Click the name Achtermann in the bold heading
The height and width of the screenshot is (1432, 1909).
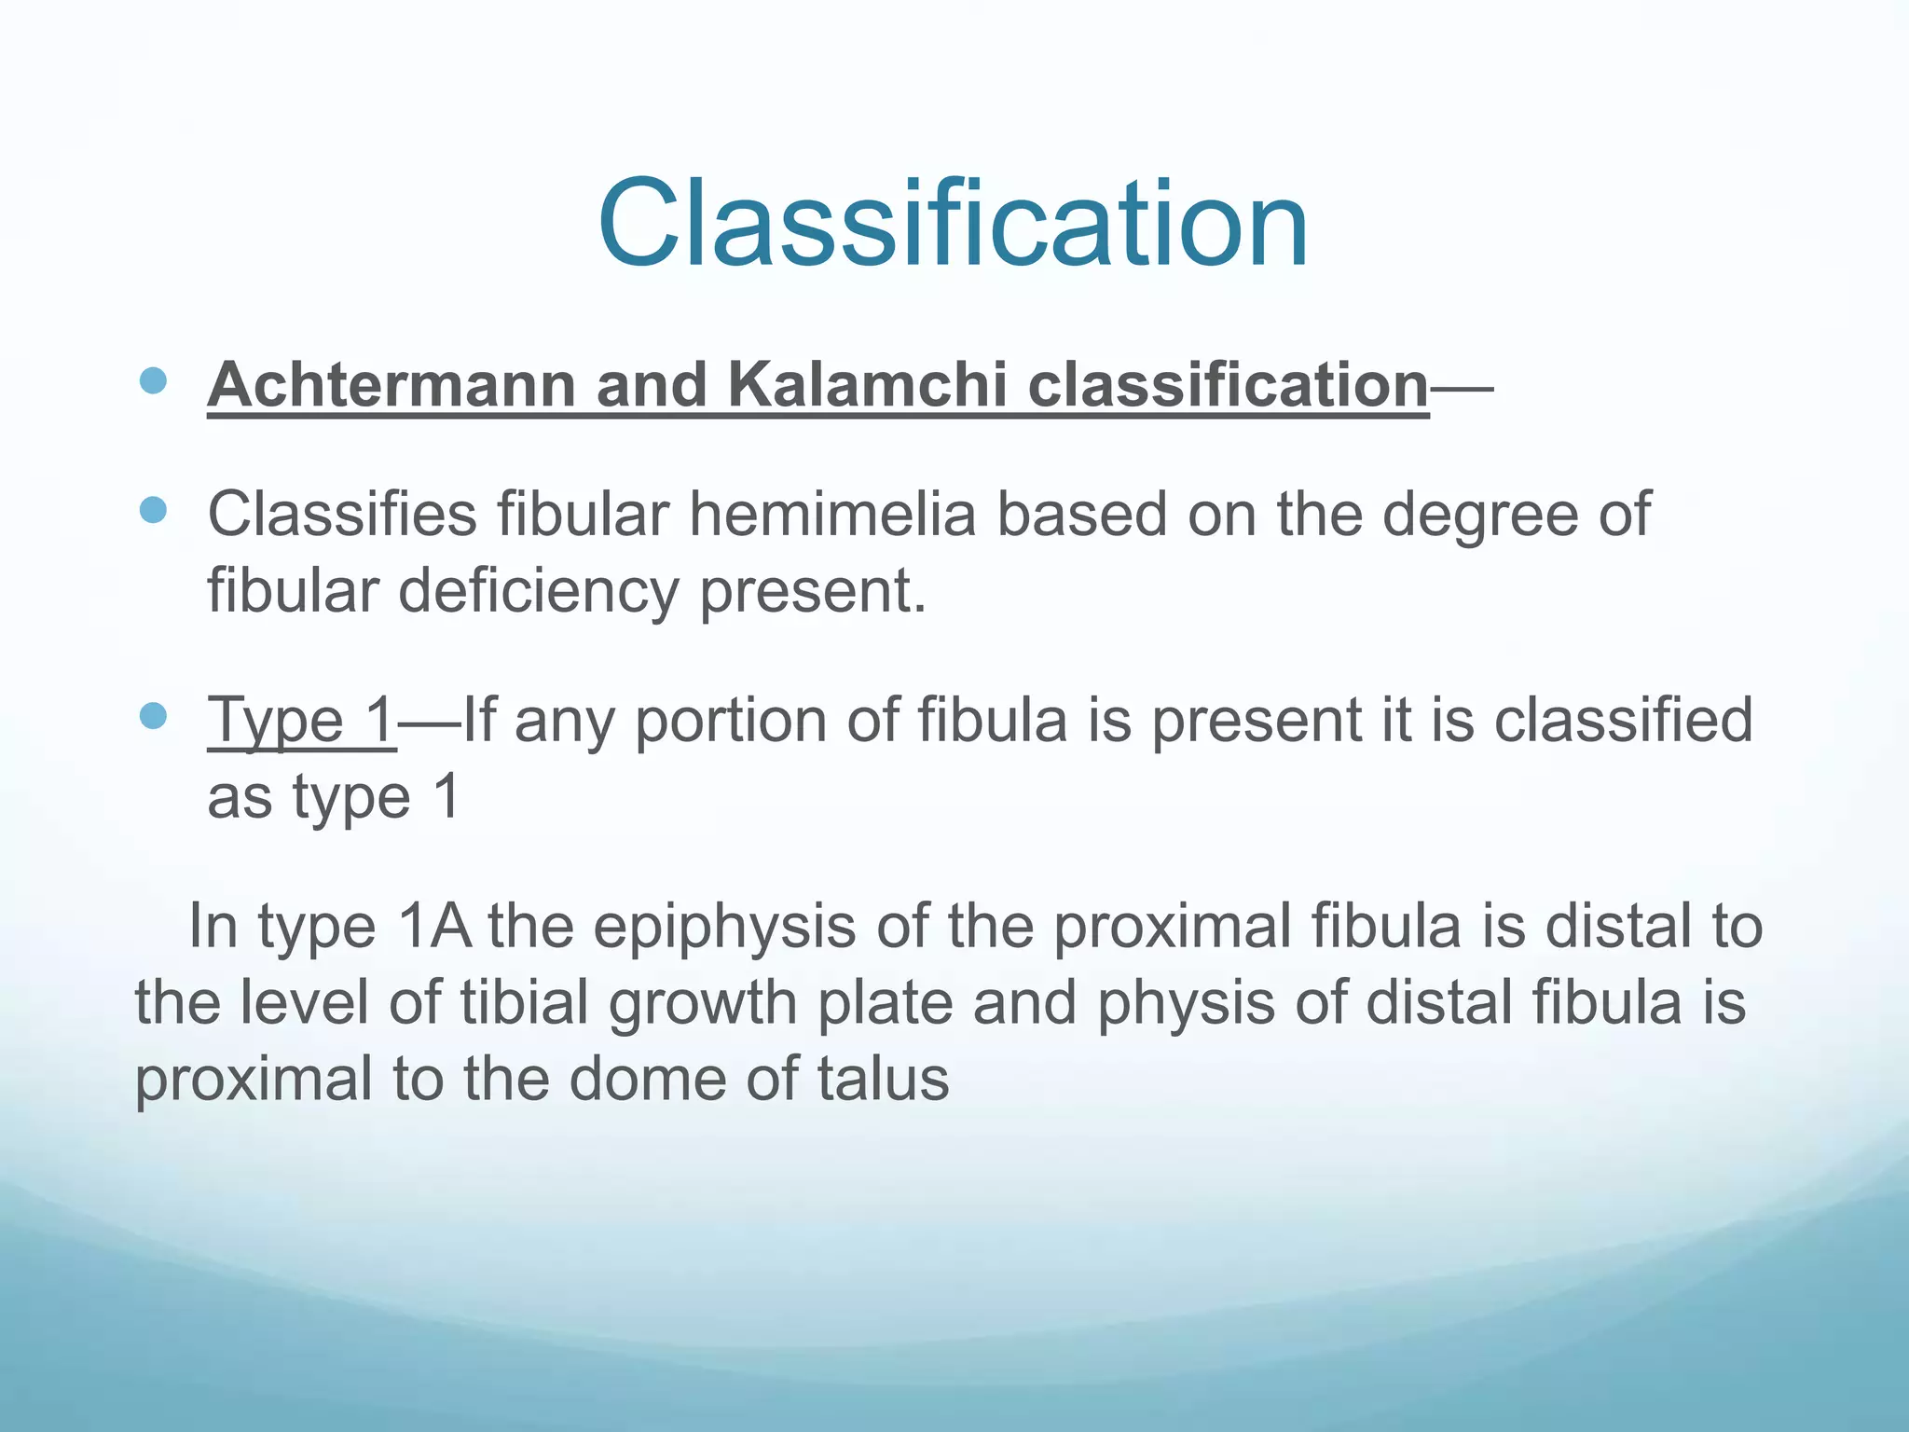391,384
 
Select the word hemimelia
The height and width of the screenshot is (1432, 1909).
831,514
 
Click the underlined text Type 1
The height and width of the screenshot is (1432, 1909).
301,721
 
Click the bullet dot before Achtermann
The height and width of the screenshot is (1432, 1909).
152,380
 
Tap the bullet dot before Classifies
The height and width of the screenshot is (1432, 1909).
152,510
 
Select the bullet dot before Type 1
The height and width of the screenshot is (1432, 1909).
152,717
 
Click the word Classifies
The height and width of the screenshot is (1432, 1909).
341,514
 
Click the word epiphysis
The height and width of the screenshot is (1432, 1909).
724,929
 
